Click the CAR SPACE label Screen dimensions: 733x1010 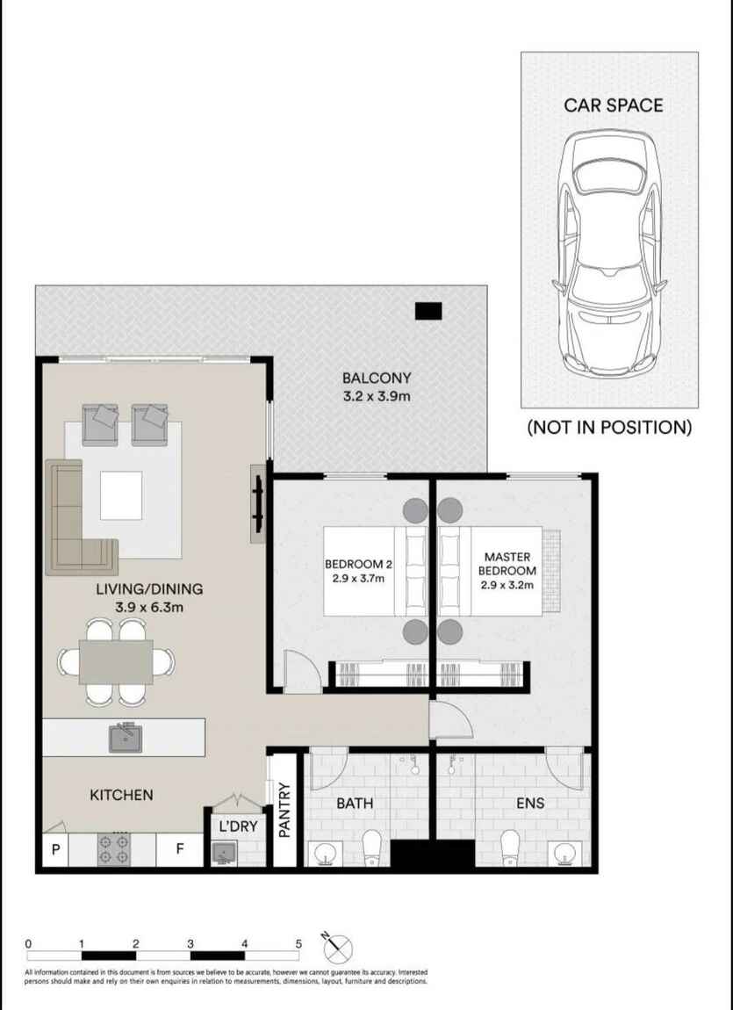pyautogui.click(x=614, y=105)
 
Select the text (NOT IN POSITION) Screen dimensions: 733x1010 pyautogui.click(x=609, y=427)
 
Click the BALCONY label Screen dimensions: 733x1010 pyautogui.click(x=377, y=379)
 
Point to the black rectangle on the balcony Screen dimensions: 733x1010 pyautogui.click(x=428, y=311)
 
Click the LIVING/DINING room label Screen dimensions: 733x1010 pyautogui.click(x=149, y=588)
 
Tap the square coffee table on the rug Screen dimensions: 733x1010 pyautogui.click(x=121, y=495)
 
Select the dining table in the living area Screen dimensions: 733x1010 pyautogui.click(x=116, y=661)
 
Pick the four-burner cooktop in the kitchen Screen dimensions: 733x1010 pyautogui.click(x=113, y=849)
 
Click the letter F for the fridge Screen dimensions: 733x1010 pyautogui.click(x=180, y=849)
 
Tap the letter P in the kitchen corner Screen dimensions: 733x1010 pyautogui.click(x=56, y=849)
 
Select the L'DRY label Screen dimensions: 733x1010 pyautogui.click(x=238, y=826)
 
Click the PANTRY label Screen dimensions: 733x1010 pyautogui.click(x=284, y=810)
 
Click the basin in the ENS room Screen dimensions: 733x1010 pyautogui.click(x=564, y=854)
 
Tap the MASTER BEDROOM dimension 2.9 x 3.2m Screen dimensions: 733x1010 pyautogui.click(x=507, y=586)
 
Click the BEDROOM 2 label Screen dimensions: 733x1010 pyautogui.click(x=358, y=564)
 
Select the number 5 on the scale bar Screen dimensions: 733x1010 pyautogui.click(x=298, y=943)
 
